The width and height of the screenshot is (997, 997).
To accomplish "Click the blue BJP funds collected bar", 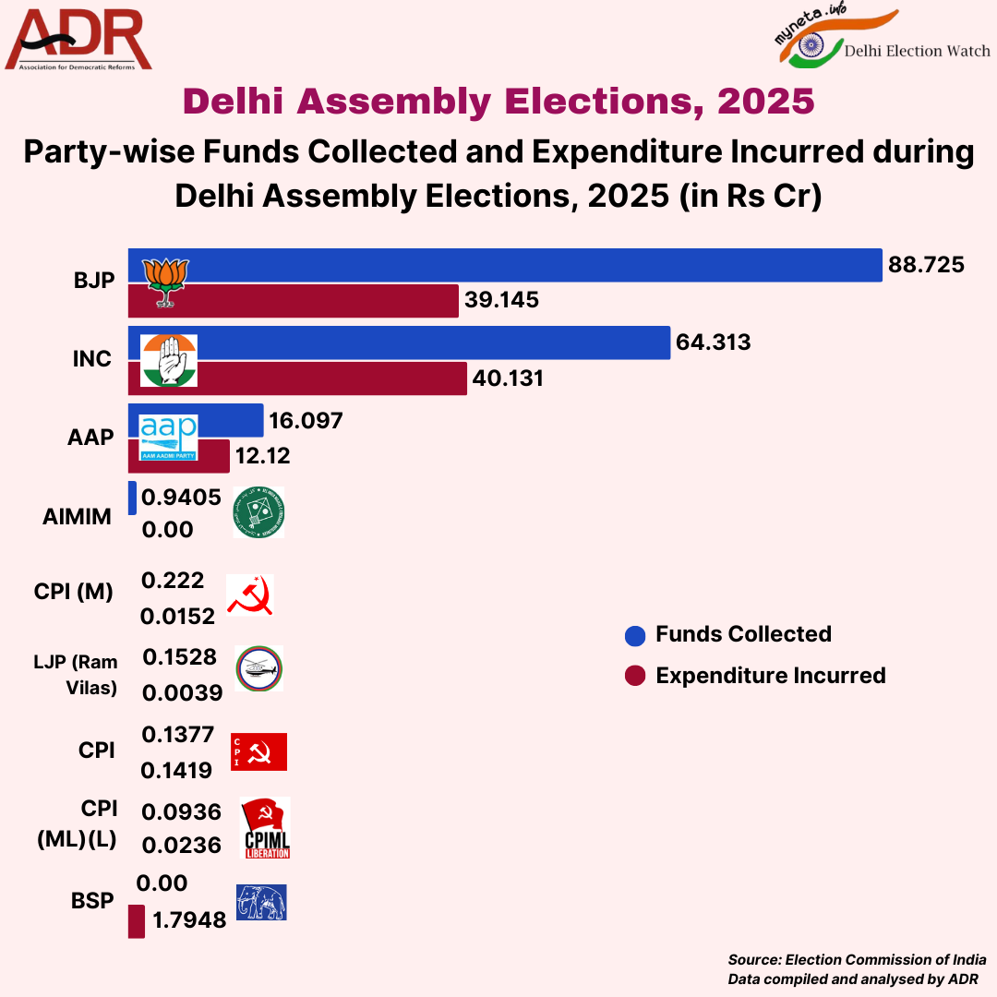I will click(x=554, y=266).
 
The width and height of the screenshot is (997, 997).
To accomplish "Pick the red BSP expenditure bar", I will click(x=136, y=920).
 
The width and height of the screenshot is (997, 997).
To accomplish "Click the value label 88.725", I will click(x=926, y=266).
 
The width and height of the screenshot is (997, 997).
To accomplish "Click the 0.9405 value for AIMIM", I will click(x=181, y=498).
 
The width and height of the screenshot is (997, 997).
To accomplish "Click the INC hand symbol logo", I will click(x=168, y=360).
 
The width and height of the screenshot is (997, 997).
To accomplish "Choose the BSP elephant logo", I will click(x=261, y=902).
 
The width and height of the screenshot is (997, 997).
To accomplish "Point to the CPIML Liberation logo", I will click(x=266, y=828).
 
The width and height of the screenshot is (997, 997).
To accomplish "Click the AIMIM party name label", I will click(x=77, y=517).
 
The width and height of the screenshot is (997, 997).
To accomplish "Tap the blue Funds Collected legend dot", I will click(x=635, y=635).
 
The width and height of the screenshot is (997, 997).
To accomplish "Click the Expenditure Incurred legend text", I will click(x=770, y=676).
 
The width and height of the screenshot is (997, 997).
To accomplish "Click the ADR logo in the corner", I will click(x=78, y=40).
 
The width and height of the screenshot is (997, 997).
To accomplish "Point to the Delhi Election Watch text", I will click(x=918, y=51).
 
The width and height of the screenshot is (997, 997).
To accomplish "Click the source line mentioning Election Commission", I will click(x=857, y=960).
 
